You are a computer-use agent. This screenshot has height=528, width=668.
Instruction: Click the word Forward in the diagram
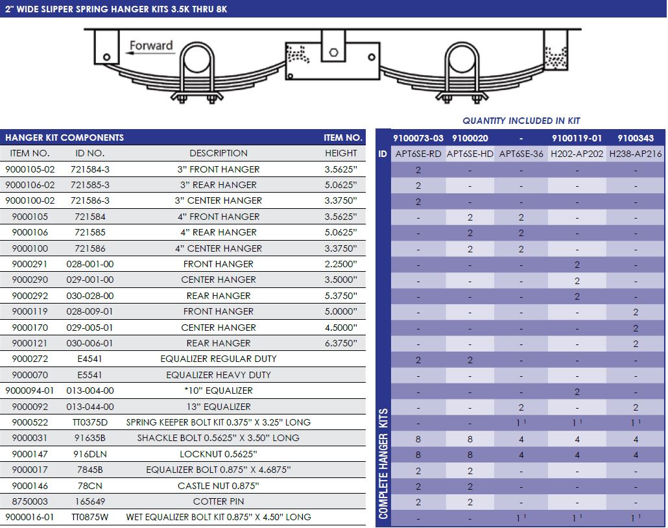tap(151, 45)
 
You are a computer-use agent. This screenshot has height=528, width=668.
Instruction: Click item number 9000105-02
tap(30, 169)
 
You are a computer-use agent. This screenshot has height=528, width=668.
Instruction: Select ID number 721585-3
tap(89, 185)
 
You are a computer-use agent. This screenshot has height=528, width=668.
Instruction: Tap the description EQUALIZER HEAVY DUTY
tap(219, 375)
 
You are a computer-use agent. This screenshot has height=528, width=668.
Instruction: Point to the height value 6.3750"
tap(341, 343)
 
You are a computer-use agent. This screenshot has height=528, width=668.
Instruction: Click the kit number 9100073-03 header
tap(418, 138)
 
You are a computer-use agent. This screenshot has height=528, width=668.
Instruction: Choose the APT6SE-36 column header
tap(521, 154)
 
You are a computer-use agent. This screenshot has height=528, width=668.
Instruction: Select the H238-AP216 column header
tap(636, 154)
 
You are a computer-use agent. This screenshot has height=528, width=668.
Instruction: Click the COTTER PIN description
tap(219, 501)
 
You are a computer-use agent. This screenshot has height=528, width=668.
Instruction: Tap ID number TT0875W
tap(89, 517)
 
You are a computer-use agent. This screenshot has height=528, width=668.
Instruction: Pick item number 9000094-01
tap(30, 390)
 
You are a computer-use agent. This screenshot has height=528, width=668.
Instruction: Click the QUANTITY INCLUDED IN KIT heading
tap(521, 121)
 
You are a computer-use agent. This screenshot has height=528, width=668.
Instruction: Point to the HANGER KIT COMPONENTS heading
tap(64, 138)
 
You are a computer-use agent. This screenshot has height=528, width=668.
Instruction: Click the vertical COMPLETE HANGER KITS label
tap(383, 463)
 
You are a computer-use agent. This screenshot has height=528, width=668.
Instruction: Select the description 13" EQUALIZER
tap(219, 407)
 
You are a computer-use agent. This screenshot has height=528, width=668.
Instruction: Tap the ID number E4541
tap(89, 359)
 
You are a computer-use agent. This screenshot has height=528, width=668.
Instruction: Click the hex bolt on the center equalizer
tap(333, 53)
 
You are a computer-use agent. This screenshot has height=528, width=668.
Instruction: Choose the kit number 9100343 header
tap(636, 138)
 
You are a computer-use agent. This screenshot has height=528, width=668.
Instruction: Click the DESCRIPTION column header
tap(219, 154)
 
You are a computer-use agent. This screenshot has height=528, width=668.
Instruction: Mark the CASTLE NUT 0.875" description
tap(219, 486)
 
